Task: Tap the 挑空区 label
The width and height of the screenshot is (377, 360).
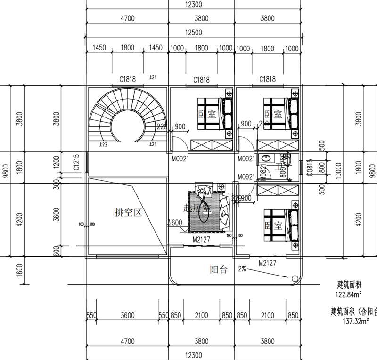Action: (x=128, y=213)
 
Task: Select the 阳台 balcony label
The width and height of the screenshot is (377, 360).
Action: (x=219, y=270)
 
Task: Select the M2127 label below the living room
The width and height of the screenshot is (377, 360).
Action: (x=201, y=240)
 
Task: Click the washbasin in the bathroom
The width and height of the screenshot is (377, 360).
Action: (x=265, y=159)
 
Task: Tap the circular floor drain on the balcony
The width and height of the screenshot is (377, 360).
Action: (x=295, y=278)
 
